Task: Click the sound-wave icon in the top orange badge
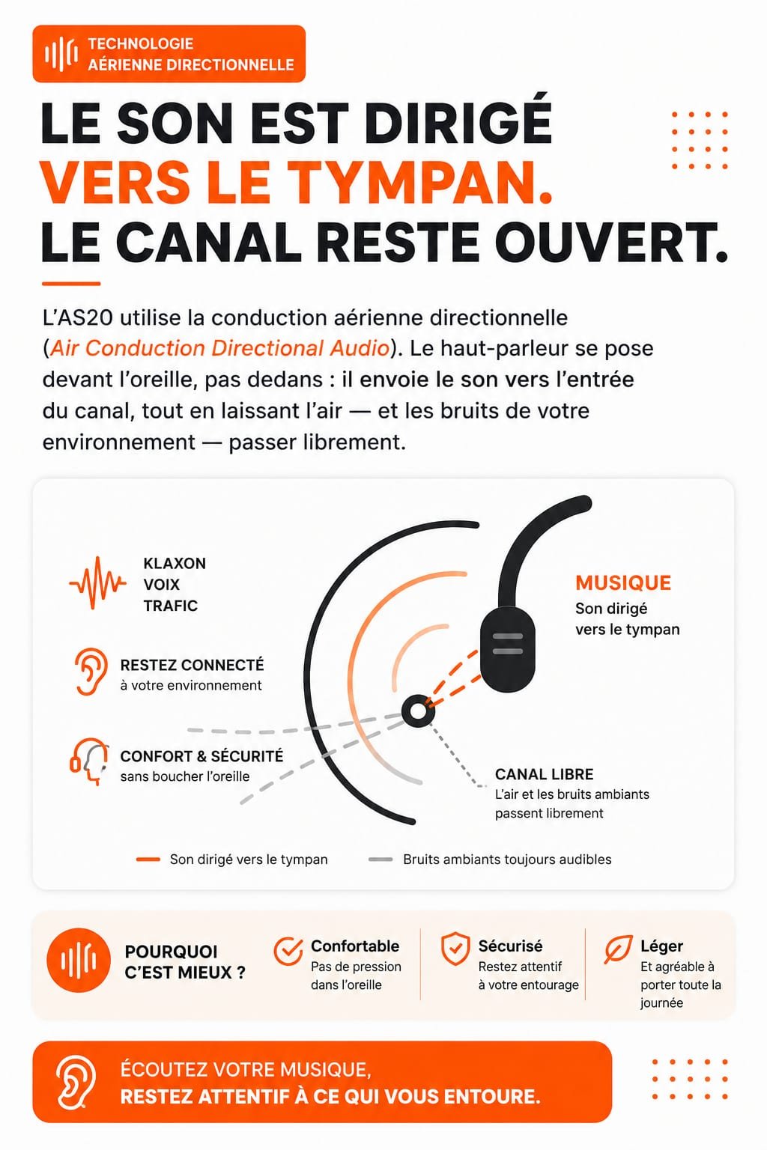(x=61, y=53)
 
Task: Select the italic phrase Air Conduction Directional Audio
(x=219, y=348)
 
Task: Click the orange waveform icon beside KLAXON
(x=97, y=582)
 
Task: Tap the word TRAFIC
(x=170, y=606)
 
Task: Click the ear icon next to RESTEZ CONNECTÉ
(x=91, y=671)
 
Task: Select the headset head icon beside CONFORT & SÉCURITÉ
(x=89, y=761)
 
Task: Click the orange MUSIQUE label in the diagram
(x=623, y=582)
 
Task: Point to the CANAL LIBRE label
(x=544, y=774)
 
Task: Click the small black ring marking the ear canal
(x=418, y=711)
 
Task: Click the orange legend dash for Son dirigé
(x=148, y=860)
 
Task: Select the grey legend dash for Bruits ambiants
(x=381, y=860)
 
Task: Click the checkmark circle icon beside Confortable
(x=288, y=951)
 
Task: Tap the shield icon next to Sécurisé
(x=455, y=949)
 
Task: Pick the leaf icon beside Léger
(x=618, y=950)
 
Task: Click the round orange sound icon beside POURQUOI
(x=79, y=961)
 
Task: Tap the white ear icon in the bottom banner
(x=76, y=1082)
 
